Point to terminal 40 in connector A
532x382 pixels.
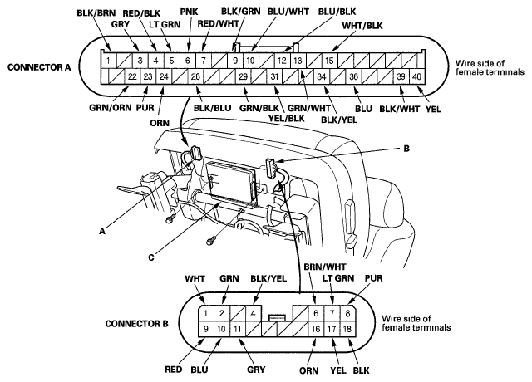coord(416,77)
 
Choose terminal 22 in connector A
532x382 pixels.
coord(131,77)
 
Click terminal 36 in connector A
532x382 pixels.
coord(353,77)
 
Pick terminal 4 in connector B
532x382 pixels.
coord(252,314)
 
